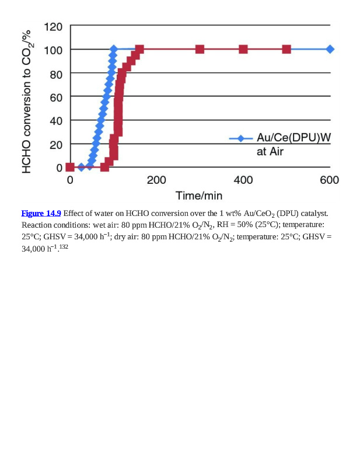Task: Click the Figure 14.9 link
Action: point(41,213)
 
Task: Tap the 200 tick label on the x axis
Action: point(156,180)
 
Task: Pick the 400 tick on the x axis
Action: point(243,180)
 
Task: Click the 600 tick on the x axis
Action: point(330,180)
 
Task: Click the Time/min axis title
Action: point(199,196)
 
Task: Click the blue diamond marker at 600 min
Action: point(330,49)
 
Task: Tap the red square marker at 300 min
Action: point(200,49)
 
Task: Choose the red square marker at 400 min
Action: point(243,49)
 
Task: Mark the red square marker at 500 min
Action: point(286,49)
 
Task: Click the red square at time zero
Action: point(70,167)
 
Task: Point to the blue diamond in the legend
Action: point(240,138)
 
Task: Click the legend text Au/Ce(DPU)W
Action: point(293,138)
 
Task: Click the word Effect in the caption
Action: point(74,213)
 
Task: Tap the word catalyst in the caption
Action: point(313,213)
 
